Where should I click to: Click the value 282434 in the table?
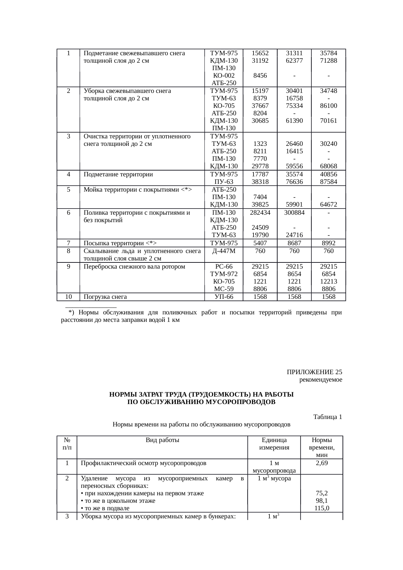click(260, 213)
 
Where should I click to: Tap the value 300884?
click(294, 213)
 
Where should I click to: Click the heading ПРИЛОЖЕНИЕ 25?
click(314, 372)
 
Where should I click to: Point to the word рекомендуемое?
click(320, 379)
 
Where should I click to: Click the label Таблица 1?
click(327, 417)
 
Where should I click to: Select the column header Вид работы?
click(162, 440)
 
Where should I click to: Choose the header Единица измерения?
click(274, 444)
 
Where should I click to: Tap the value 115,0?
click(321, 508)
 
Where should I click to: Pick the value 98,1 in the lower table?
click(321, 501)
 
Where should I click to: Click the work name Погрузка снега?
click(105, 297)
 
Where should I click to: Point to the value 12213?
click(328, 281)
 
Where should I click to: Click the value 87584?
click(328, 182)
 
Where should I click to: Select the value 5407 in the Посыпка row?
click(260, 243)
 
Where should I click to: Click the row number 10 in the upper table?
click(68, 297)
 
